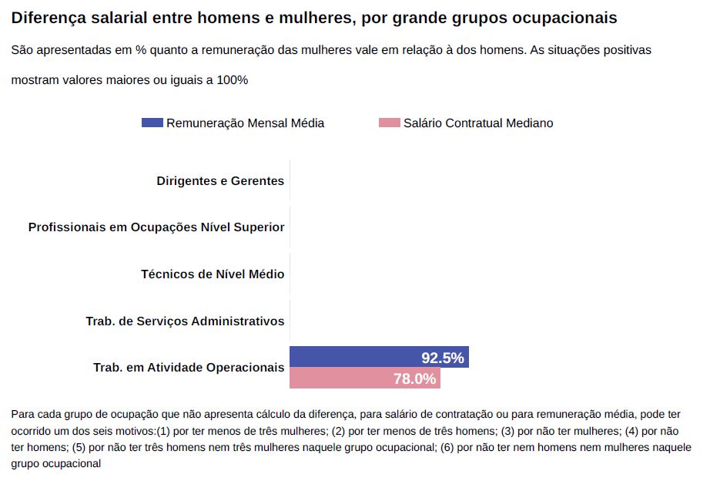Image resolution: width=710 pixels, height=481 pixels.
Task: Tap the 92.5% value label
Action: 443,358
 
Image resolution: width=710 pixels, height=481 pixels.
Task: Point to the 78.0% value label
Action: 415,378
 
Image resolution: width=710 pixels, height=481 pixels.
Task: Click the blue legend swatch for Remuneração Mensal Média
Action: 152,123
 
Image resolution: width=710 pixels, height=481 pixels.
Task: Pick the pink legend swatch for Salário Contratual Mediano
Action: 390,123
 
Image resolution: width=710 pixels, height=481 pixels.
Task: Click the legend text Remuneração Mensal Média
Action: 245,123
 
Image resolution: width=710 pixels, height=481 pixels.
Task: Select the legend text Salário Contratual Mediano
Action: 478,123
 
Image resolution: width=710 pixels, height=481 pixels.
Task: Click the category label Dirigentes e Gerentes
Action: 220,181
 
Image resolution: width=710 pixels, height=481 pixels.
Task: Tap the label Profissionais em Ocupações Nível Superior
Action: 156,227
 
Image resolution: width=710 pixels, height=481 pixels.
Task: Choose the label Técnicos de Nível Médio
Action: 213,274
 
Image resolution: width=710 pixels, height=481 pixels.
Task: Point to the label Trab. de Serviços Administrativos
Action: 185,321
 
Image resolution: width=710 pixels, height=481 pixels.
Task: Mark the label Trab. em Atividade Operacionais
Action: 189,368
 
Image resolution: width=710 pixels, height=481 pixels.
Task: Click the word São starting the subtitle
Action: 22,50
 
